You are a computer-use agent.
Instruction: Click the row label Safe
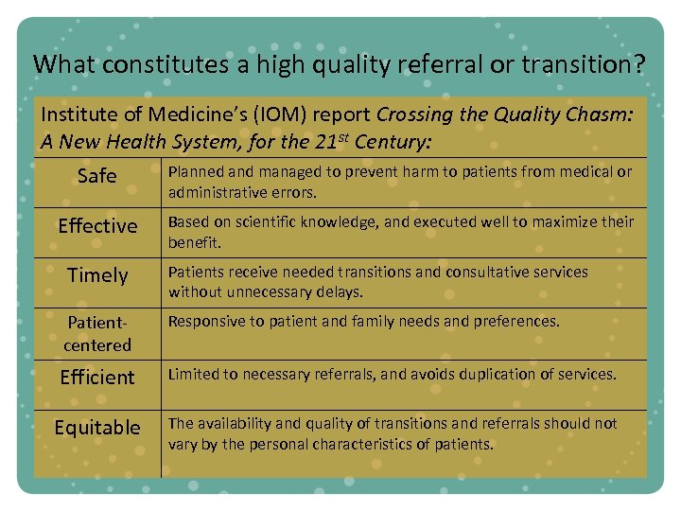pos(97,176)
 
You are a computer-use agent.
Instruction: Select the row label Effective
pos(97,226)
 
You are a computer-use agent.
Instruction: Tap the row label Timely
pos(97,275)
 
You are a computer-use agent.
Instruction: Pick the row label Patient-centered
pos(97,333)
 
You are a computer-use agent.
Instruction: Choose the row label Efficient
pos(97,378)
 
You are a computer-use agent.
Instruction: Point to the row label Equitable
pos(97,428)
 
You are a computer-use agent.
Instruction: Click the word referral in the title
pos(449,64)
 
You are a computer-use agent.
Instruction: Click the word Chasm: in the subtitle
pos(602,115)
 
